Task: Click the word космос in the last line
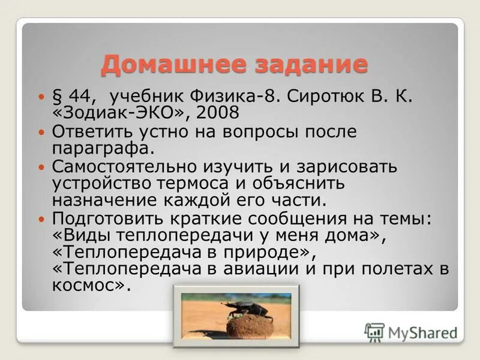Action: [86, 286]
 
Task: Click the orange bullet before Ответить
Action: [41, 131]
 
